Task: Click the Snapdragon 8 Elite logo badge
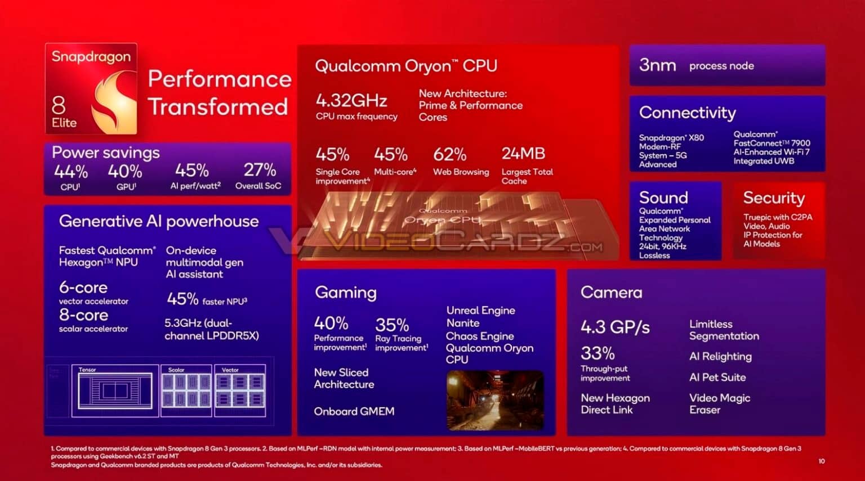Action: [x=91, y=89]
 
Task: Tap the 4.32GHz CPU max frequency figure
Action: [x=351, y=101]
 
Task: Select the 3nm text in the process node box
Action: [x=657, y=65]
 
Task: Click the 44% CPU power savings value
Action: [x=70, y=171]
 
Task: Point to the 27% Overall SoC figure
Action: [x=260, y=170]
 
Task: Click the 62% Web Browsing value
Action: [x=449, y=154]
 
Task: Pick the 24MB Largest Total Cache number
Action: [x=523, y=154]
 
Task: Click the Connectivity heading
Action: [x=687, y=113]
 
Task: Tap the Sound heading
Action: [x=663, y=197]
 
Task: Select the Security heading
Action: [x=773, y=197]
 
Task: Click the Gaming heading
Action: [x=346, y=293]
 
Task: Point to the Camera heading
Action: [x=611, y=293]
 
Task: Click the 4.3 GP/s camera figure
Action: [x=615, y=327]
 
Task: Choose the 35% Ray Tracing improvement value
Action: [x=392, y=325]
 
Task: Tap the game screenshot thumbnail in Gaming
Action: [x=495, y=400]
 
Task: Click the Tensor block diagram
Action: [x=115, y=390]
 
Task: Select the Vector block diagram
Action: [x=240, y=390]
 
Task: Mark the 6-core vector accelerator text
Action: [x=83, y=288]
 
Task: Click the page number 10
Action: [x=822, y=461]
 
